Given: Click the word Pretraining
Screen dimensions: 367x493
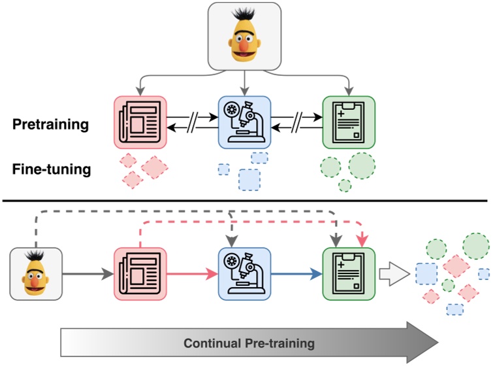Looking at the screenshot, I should click(x=50, y=124).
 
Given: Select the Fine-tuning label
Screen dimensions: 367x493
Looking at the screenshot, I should click(x=51, y=170).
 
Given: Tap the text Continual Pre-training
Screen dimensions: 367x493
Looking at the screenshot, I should click(x=249, y=343).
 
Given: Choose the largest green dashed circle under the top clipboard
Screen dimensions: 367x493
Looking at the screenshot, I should click(x=361, y=166).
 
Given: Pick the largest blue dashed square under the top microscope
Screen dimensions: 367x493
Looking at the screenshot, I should click(x=249, y=179).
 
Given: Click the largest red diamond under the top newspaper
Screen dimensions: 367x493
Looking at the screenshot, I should click(x=155, y=167).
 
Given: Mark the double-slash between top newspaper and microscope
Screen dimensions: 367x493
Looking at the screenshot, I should click(x=193, y=122).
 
